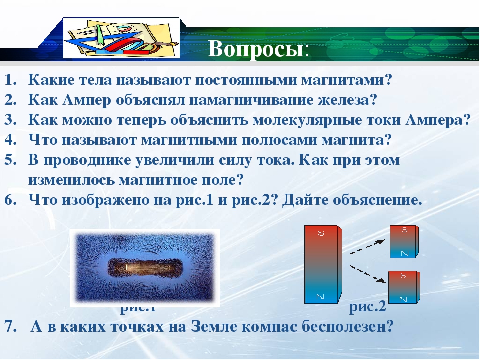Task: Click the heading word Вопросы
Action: tap(255, 49)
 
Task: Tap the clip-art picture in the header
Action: tap(121, 38)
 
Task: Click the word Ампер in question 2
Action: tap(86, 100)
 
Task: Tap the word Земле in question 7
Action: tap(214, 327)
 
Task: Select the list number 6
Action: tap(10, 200)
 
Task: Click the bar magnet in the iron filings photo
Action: tap(144, 268)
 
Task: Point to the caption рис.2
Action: tap(367, 306)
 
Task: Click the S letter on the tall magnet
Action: tap(321, 233)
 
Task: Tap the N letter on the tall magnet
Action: tap(320, 296)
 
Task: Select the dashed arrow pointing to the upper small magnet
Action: tap(367, 247)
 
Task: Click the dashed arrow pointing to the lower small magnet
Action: tap(367, 274)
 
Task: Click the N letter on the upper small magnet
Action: tap(404, 253)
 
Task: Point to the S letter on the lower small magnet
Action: tap(403, 275)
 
